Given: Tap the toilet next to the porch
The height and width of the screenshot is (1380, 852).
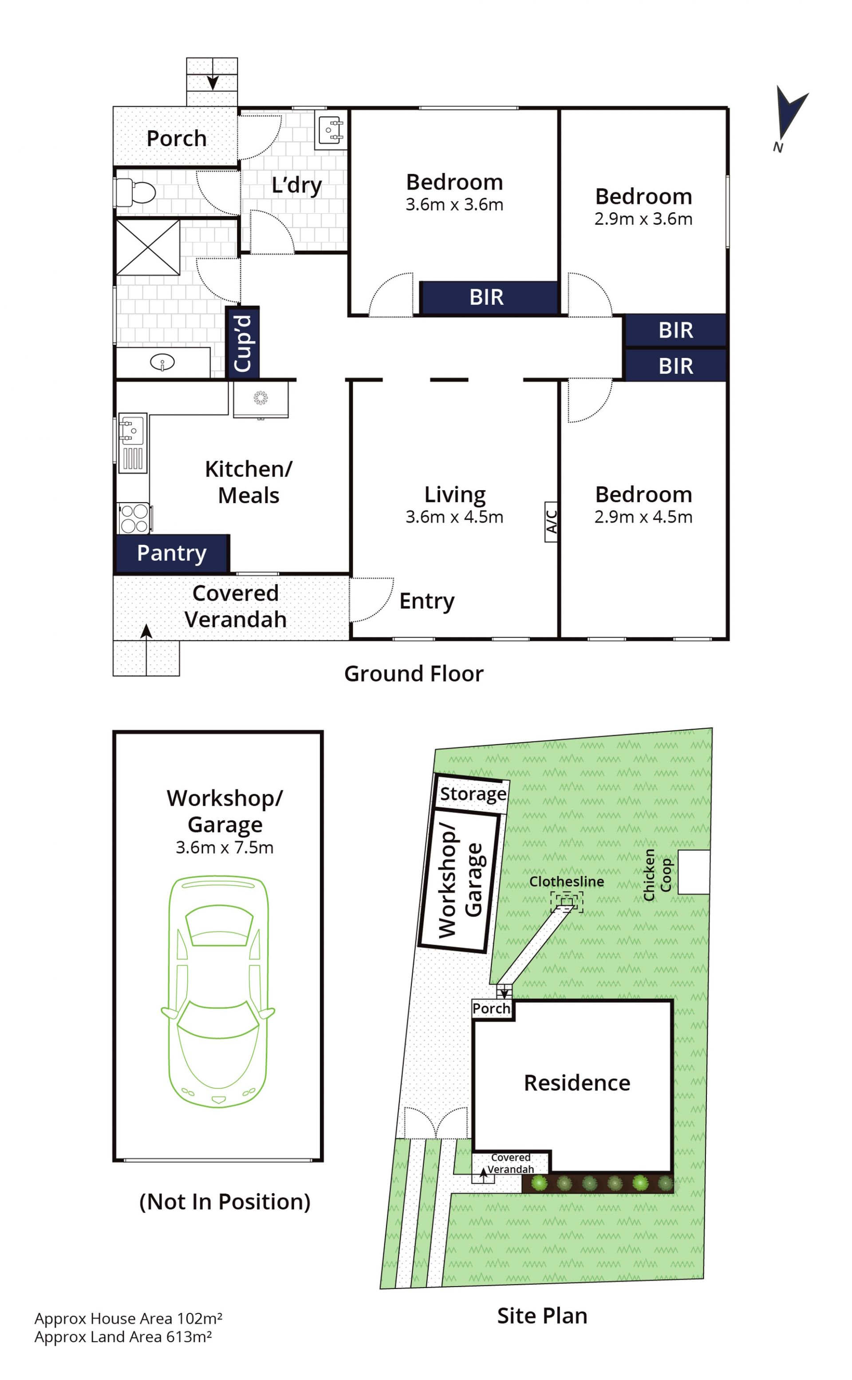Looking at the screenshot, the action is coord(136,193).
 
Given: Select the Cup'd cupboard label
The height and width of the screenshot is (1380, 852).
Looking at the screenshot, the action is coord(243,343).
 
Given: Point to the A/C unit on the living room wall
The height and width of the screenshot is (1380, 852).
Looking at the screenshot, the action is coord(551,521).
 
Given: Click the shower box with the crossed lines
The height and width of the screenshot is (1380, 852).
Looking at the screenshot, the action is coord(148,247).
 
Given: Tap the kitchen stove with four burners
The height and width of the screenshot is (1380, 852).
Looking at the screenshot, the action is coord(134,518).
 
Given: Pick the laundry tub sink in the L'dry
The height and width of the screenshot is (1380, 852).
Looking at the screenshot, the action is coord(331,130).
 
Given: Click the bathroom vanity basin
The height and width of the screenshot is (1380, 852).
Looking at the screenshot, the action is coord(162,362).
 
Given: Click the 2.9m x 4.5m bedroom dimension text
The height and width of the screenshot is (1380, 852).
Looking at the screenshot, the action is coord(643,516).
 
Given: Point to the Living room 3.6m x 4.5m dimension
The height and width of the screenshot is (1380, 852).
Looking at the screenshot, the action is coord(454,516).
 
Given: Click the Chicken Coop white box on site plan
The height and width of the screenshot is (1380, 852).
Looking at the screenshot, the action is coord(693,872).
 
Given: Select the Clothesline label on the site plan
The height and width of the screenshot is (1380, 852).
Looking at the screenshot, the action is coord(566,881).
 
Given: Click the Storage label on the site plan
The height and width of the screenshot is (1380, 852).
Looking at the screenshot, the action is coord(473,794).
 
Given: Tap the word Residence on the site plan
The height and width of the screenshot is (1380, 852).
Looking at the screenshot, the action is coord(577,1083).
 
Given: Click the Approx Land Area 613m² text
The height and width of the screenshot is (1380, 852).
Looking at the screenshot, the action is coord(123,1336).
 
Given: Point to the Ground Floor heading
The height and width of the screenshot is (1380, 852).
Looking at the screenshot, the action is coord(414,674).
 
